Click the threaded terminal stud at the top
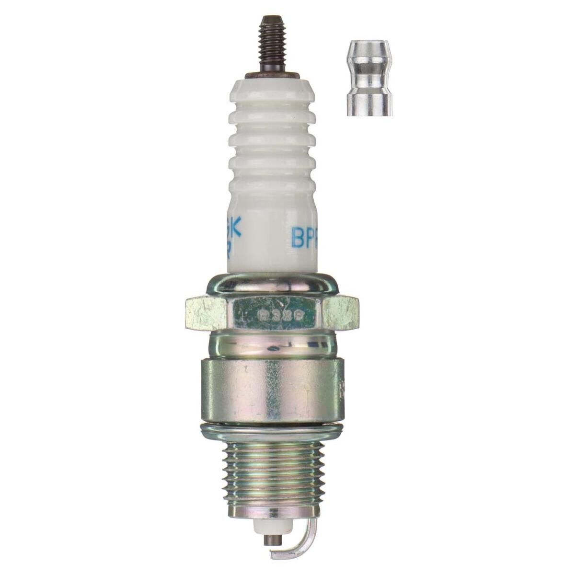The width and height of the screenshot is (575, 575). [270, 46]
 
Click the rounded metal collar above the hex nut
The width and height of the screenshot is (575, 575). [271, 285]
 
